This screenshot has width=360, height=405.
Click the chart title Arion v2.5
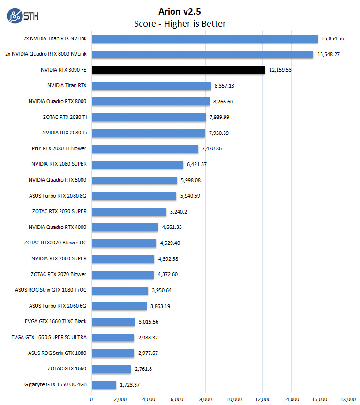(x=180, y=11)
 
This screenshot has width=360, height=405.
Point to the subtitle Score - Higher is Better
(x=180, y=23)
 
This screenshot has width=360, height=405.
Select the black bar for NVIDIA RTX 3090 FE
(x=178, y=70)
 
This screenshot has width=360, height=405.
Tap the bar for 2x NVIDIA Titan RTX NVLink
(x=204, y=38)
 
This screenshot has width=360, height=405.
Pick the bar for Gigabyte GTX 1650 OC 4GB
(x=104, y=384)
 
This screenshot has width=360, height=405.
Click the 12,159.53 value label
(x=280, y=70)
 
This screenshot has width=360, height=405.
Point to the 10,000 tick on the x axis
(x=234, y=399)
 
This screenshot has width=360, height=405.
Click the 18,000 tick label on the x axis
(x=348, y=399)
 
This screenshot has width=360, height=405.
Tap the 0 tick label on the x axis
(x=91, y=399)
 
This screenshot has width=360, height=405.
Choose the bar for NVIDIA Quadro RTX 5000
(x=134, y=180)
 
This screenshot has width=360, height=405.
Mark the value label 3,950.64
(x=161, y=290)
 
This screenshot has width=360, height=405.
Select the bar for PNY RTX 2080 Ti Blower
(x=145, y=148)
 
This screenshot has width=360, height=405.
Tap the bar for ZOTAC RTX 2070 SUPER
(x=129, y=212)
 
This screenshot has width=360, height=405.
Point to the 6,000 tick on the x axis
(x=177, y=399)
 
